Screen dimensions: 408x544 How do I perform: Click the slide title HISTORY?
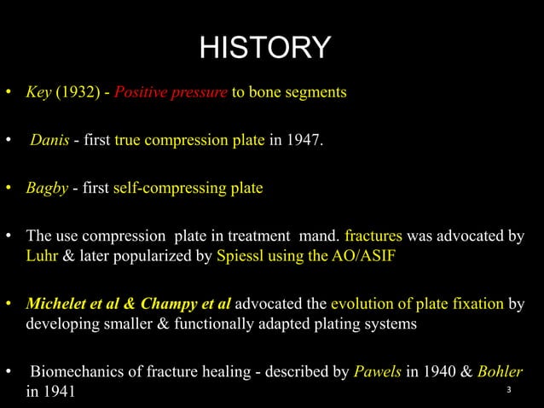[264, 48]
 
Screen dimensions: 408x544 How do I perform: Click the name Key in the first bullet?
[38, 92]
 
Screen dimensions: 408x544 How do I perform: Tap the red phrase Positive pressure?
[179, 92]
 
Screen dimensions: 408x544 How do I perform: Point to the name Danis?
[49, 140]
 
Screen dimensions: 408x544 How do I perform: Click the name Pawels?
[375, 373]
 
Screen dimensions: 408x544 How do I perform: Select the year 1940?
[428, 373]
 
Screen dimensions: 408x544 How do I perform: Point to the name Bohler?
[500, 373]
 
